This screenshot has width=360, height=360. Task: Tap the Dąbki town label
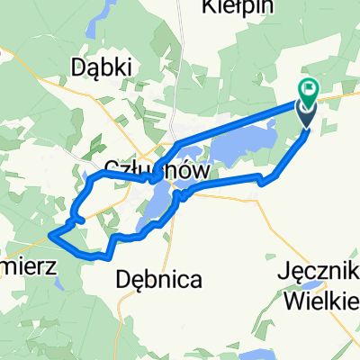(100, 67)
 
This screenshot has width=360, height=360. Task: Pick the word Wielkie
(319, 299)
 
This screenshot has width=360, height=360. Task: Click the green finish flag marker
(309, 89)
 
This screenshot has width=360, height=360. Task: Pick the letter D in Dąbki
(77, 67)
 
